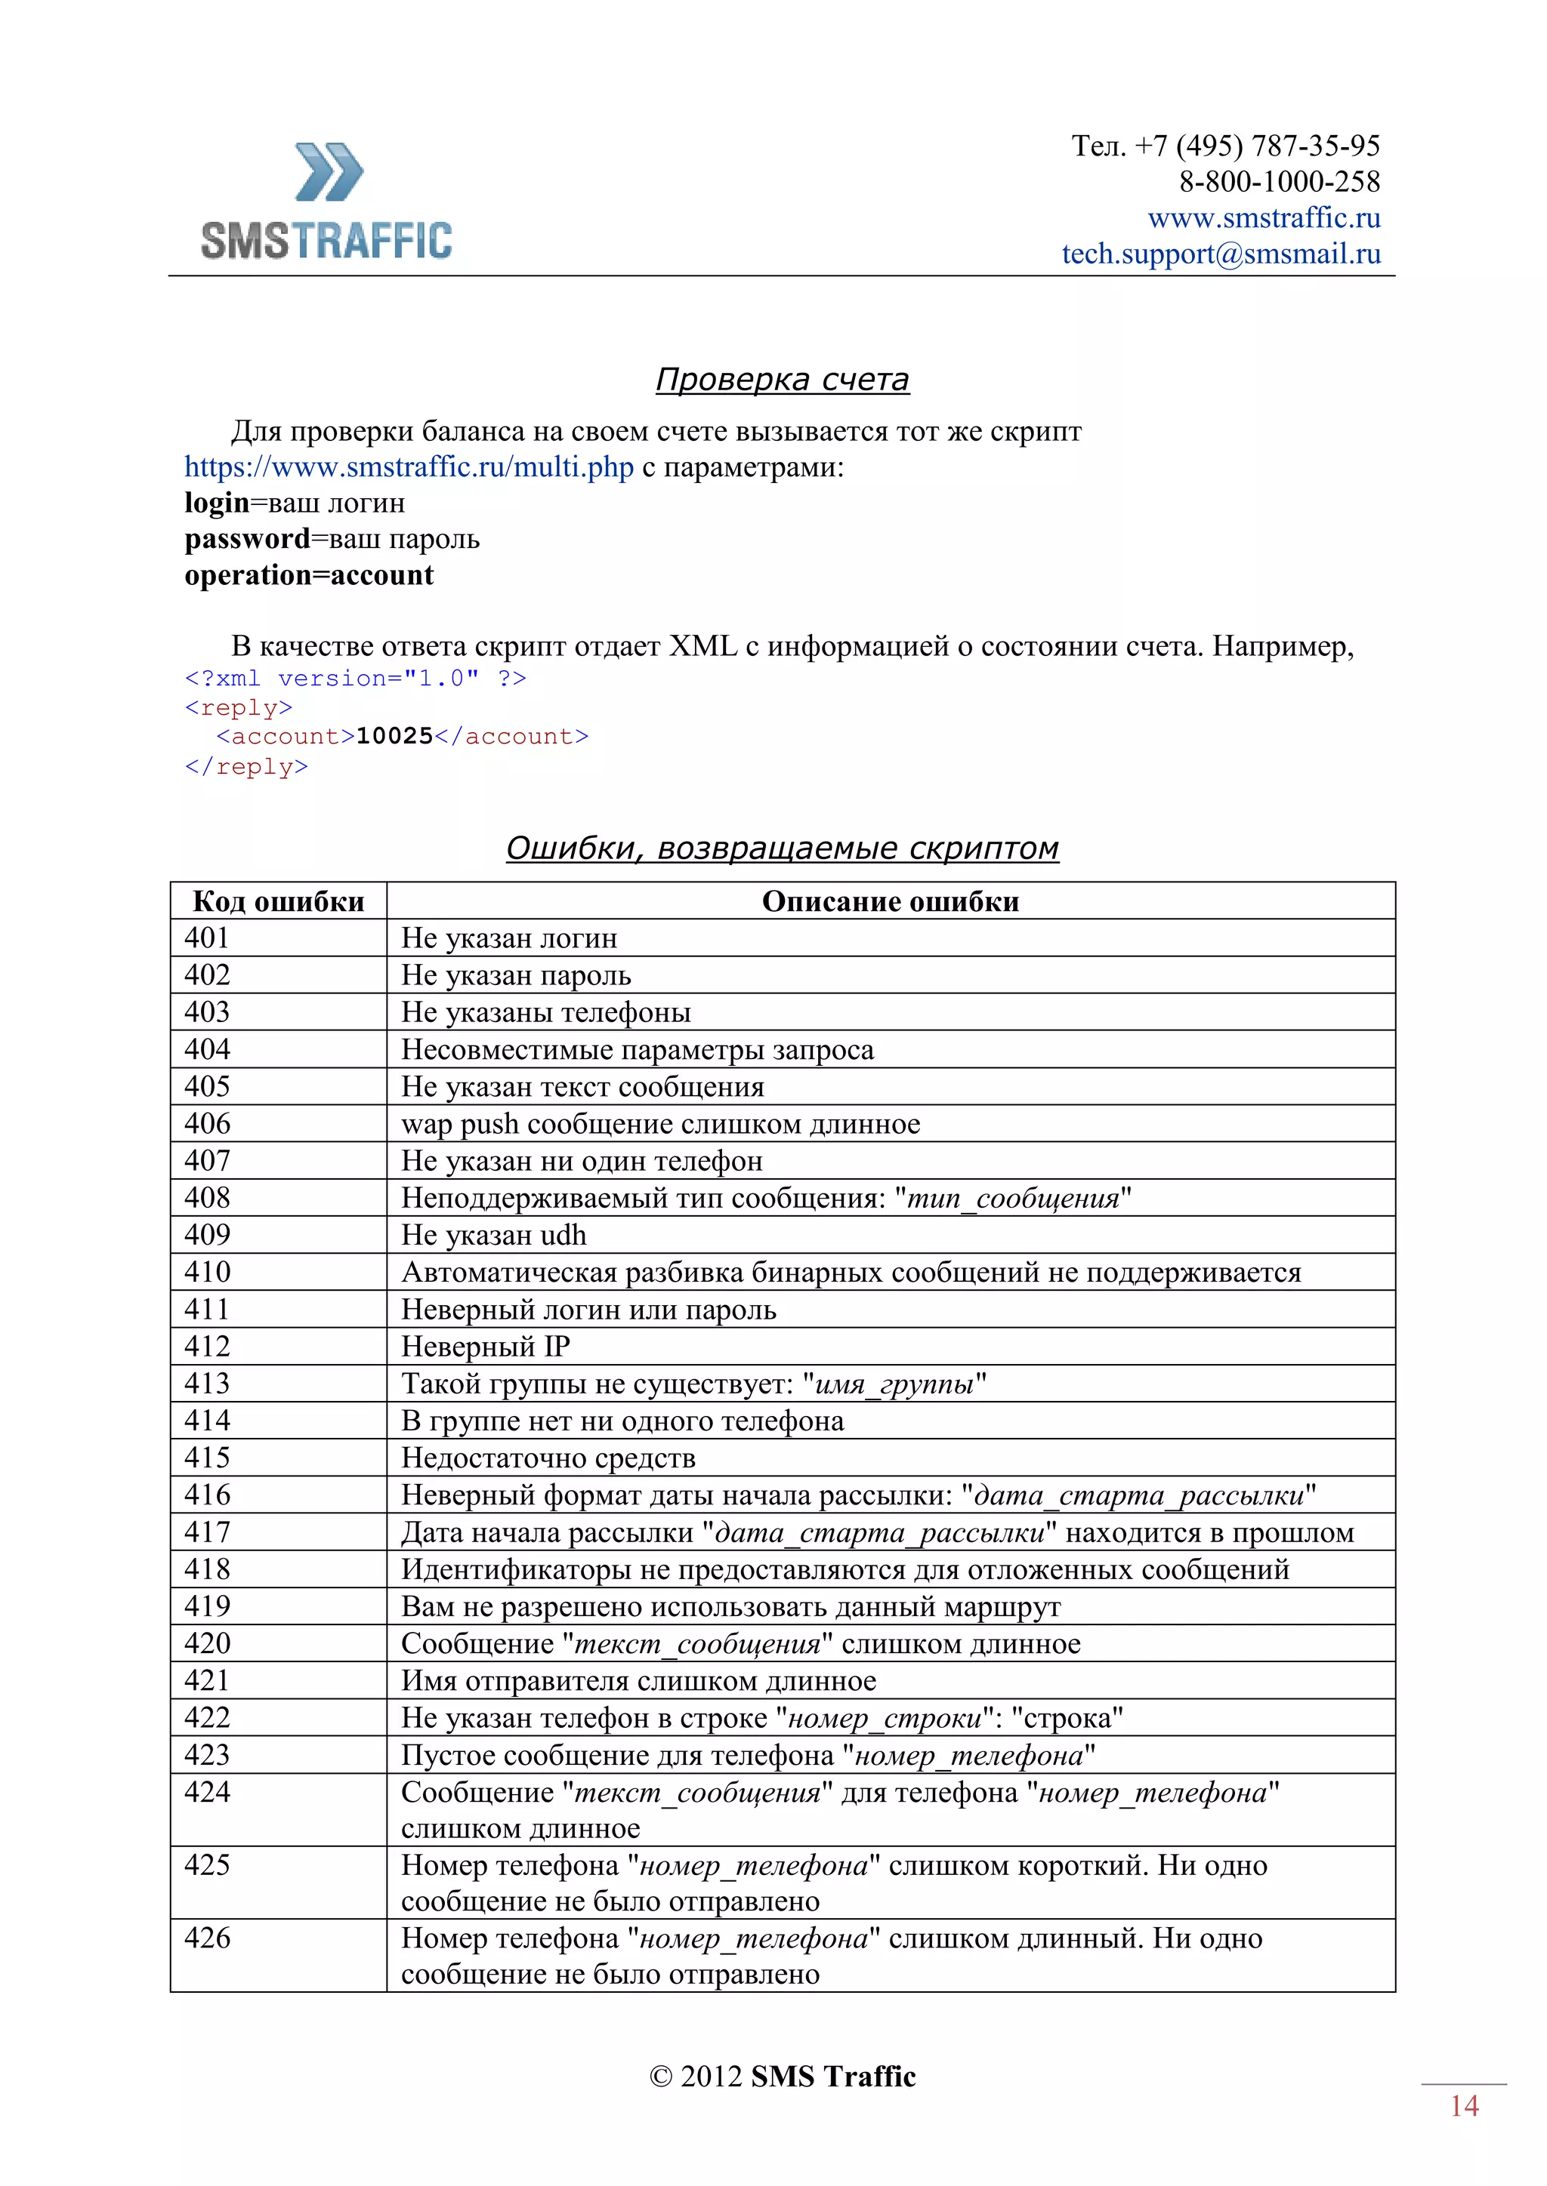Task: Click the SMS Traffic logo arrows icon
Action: (329, 172)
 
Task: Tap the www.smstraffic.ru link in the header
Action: (1263, 218)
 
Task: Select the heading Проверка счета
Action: (781, 380)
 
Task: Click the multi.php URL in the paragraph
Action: (409, 467)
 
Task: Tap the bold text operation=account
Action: (309, 575)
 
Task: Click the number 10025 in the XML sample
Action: (394, 736)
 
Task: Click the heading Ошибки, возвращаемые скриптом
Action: (781, 848)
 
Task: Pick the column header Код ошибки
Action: (278, 901)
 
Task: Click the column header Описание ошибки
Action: (890, 901)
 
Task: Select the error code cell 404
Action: (208, 1049)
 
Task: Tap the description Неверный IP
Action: (485, 1347)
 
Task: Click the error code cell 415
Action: (208, 1458)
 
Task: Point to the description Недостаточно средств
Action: (548, 1458)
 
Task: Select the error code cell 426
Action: (208, 1938)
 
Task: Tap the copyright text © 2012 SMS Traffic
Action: (781, 2077)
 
